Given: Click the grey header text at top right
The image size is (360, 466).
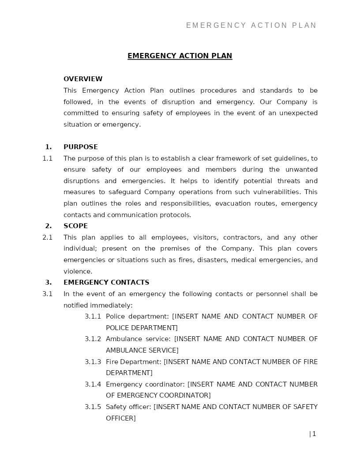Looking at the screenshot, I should click(251, 26).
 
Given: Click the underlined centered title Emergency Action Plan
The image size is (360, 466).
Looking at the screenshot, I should click(180, 56).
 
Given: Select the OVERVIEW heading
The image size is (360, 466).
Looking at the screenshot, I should click(83, 79).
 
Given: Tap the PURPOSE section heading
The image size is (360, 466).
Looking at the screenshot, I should click(81, 147).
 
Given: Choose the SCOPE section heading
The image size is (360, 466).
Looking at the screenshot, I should click(75, 226).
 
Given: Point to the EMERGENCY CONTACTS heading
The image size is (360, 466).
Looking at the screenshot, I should click(106, 282).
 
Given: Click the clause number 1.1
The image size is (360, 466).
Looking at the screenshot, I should click(47, 158).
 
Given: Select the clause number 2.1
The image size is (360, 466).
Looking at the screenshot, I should click(47, 237).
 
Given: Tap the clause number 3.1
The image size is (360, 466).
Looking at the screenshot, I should click(47, 294).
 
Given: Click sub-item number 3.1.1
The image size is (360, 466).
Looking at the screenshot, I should click(93, 316).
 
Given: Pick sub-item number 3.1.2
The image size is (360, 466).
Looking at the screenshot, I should click(93, 339).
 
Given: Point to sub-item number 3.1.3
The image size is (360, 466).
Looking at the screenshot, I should click(93, 362).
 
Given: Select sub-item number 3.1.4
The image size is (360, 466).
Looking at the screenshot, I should click(93, 384).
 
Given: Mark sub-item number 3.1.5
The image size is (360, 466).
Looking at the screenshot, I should click(93, 407).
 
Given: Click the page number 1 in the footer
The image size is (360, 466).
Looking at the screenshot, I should click(314, 434).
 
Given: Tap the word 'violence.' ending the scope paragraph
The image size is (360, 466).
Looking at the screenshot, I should click(78, 271).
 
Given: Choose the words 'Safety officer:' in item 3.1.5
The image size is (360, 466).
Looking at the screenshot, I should click(128, 407).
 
